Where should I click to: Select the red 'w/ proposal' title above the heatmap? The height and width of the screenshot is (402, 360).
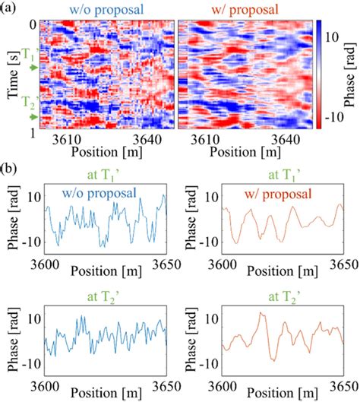[x=242, y=8]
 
